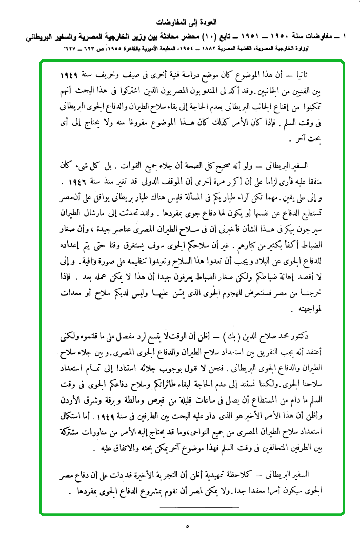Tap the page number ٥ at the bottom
click(x=187, y=526)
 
